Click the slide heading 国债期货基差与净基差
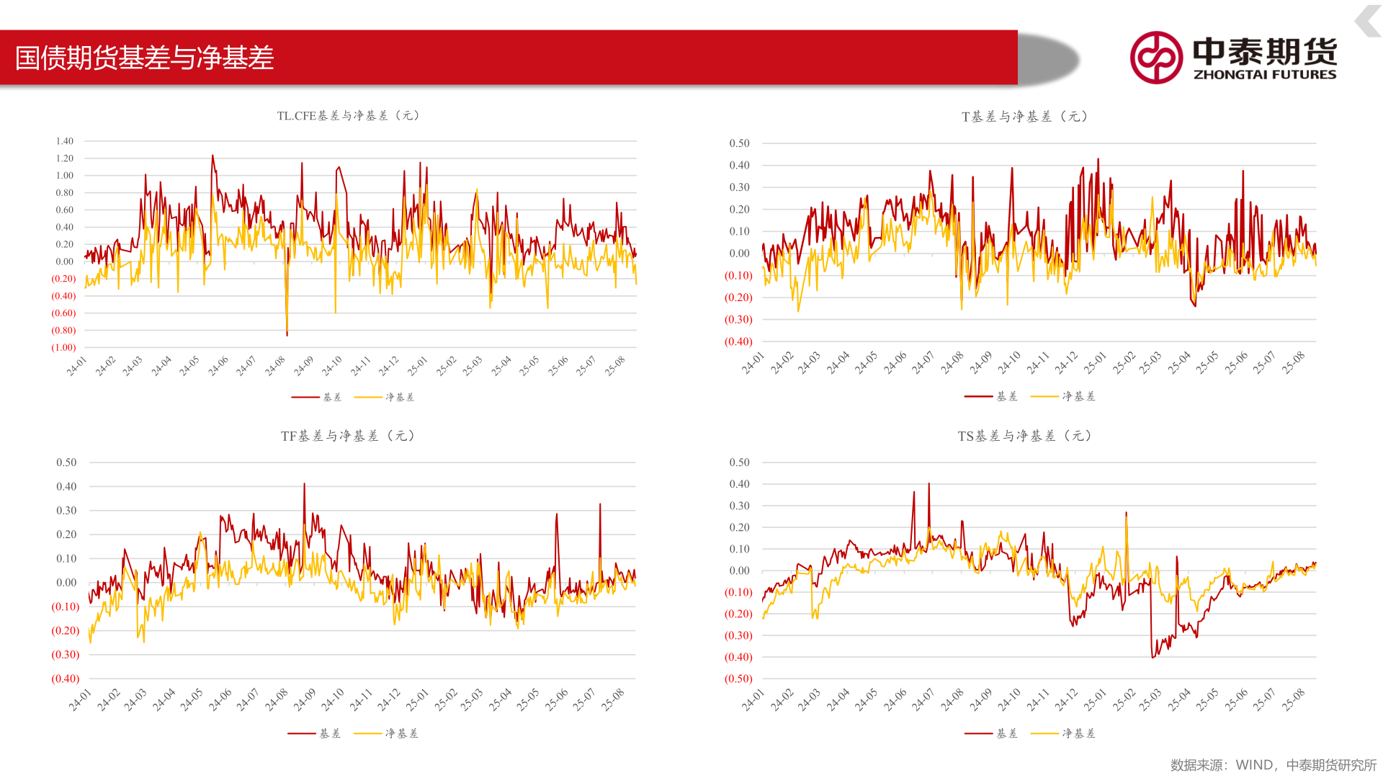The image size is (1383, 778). click(144, 58)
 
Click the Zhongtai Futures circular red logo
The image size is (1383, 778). click(1155, 58)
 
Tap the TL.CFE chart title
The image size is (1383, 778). click(348, 115)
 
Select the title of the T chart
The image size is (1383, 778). click(1024, 117)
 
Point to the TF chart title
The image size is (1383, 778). click(347, 436)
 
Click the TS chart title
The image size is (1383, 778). click(1024, 436)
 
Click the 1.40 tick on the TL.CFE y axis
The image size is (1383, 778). click(65, 141)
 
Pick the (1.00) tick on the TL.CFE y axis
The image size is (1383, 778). click(63, 347)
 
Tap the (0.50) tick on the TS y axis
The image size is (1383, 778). click(738, 679)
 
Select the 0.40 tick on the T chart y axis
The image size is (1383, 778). click(739, 166)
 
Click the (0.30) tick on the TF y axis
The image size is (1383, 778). click(66, 655)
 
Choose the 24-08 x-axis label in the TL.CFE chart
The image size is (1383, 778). click(275, 366)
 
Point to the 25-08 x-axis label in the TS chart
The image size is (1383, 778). click(1294, 699)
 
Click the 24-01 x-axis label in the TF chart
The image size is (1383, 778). click(80, 699)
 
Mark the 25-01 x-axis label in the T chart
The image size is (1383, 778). click(1095, 363)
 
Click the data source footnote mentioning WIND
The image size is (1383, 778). click(1273, 765)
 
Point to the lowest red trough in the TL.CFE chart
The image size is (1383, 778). click(287, 335)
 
